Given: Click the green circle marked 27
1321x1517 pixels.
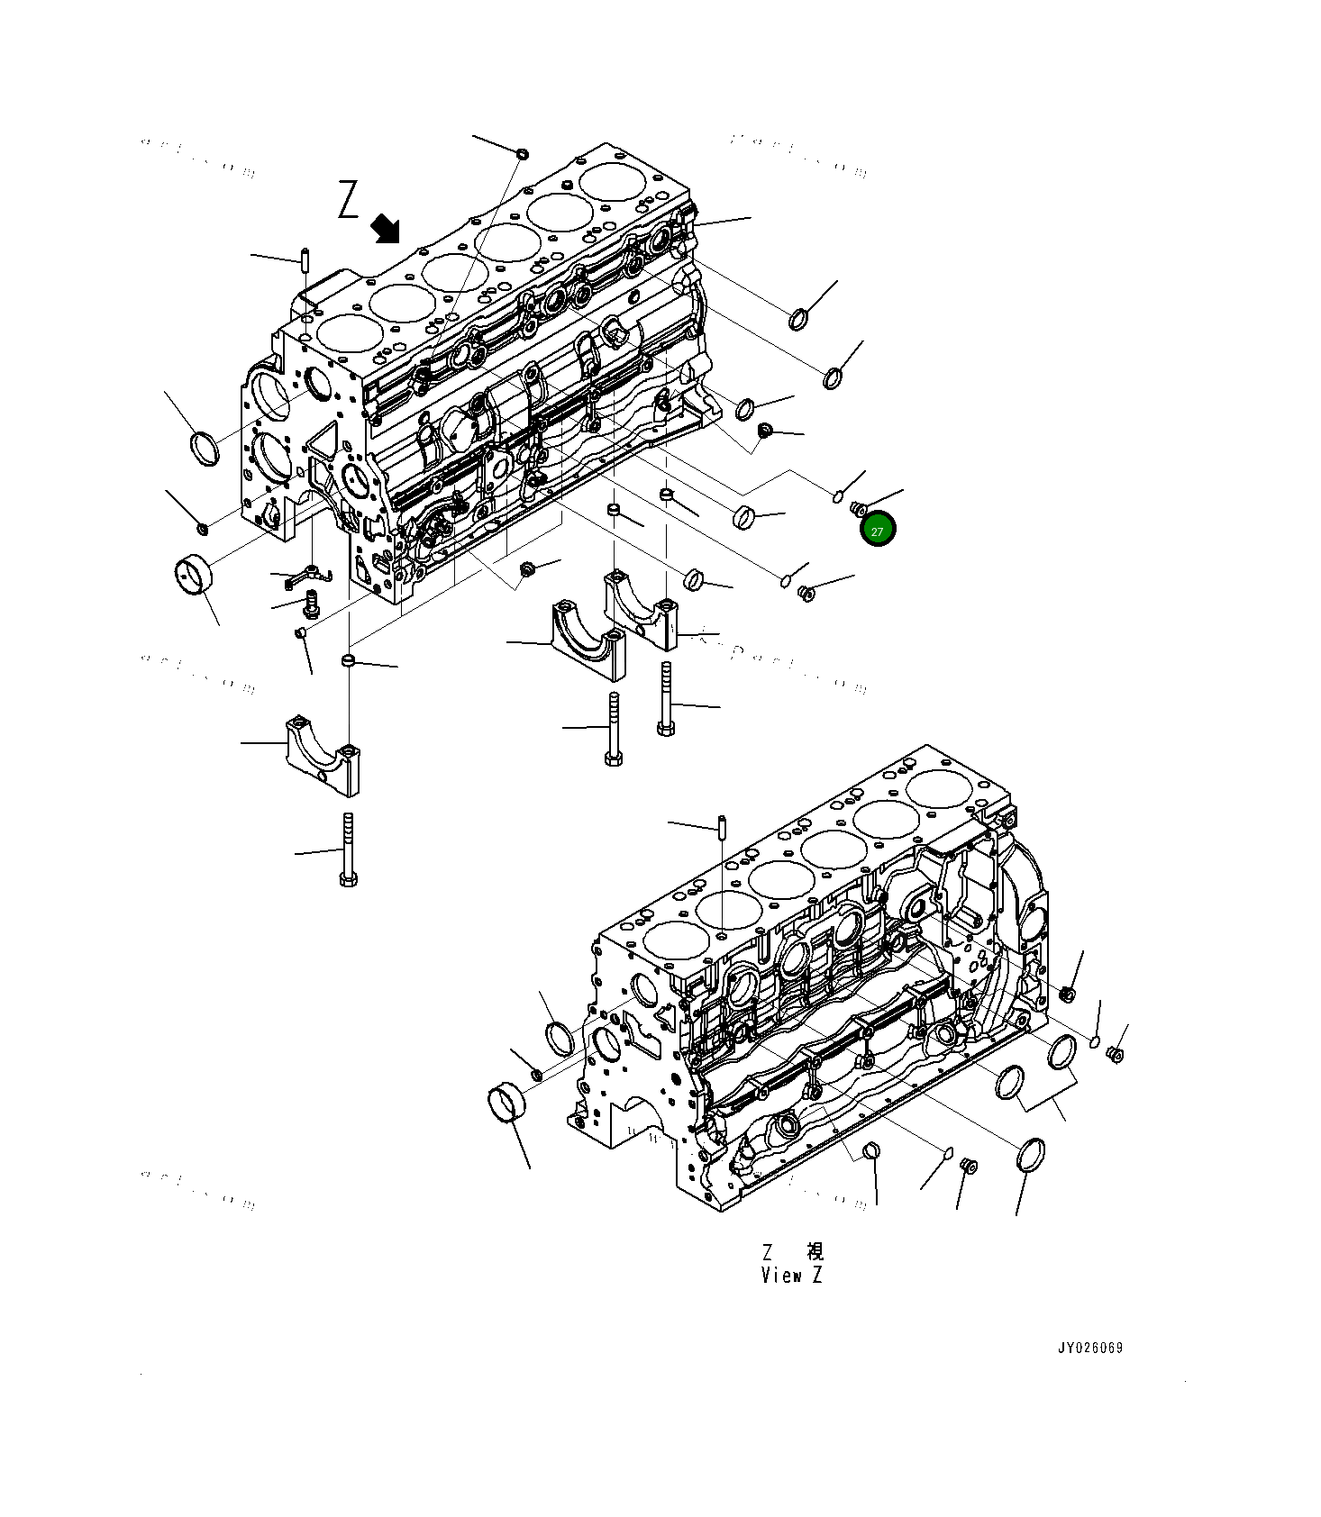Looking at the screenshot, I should tap(877, 531).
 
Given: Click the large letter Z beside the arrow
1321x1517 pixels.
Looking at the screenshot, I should tap(349, 200).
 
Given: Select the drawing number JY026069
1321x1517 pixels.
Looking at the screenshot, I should tap(1089, 1349).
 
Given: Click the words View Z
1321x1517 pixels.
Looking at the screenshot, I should tap(791, 1276).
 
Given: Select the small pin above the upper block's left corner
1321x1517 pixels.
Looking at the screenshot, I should tap(305, 259).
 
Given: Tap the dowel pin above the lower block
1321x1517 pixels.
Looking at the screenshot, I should tap(723, 825).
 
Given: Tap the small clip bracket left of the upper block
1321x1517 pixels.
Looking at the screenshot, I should tap(307, 575).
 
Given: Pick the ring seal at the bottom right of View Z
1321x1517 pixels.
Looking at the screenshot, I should tap(1031, 1156).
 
